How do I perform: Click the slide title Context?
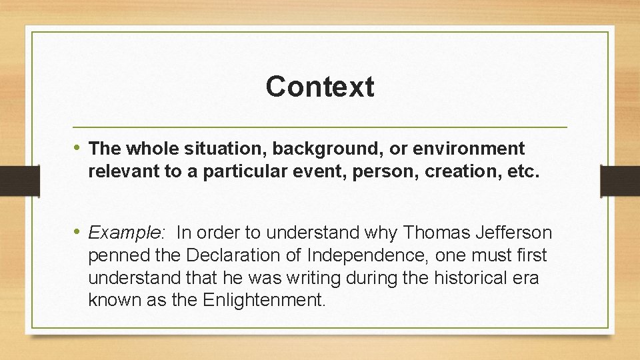click(x=320, y=87)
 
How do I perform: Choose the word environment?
click(x=471, y=148)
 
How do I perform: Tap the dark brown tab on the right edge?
click(x=620, y=181)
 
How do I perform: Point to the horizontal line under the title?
click(x=320, y=127)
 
